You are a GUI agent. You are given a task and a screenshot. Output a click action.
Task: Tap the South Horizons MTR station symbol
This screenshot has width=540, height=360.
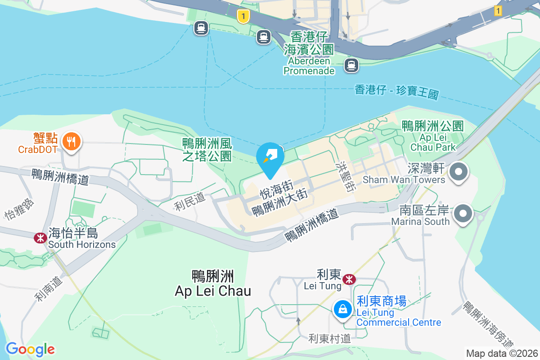[x=40, y=238]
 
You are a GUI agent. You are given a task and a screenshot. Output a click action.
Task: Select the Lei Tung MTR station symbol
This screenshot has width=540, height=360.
[x=349, y=279]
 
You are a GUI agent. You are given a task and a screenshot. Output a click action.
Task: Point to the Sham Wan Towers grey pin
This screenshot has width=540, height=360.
[x=459, y=171]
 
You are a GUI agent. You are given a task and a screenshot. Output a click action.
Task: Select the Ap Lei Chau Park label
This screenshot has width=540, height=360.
[x=433, y=136]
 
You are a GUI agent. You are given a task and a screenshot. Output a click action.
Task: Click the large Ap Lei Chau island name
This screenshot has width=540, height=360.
[x=213, y=283]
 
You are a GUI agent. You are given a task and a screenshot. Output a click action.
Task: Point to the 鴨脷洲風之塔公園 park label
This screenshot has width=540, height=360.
[x=207, y=150]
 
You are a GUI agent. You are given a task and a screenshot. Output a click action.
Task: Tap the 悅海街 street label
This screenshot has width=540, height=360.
[x=276, y=190]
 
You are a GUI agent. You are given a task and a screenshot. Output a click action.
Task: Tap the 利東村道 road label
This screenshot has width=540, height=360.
[x=329, y=338]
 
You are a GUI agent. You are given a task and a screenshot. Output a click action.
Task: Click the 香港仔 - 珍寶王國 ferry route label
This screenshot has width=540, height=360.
[x=396, y=92]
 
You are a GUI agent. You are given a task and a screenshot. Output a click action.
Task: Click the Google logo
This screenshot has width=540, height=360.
[x=30, y=349]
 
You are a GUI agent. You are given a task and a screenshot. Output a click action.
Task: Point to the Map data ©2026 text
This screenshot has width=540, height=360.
[x=502, y=353]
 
